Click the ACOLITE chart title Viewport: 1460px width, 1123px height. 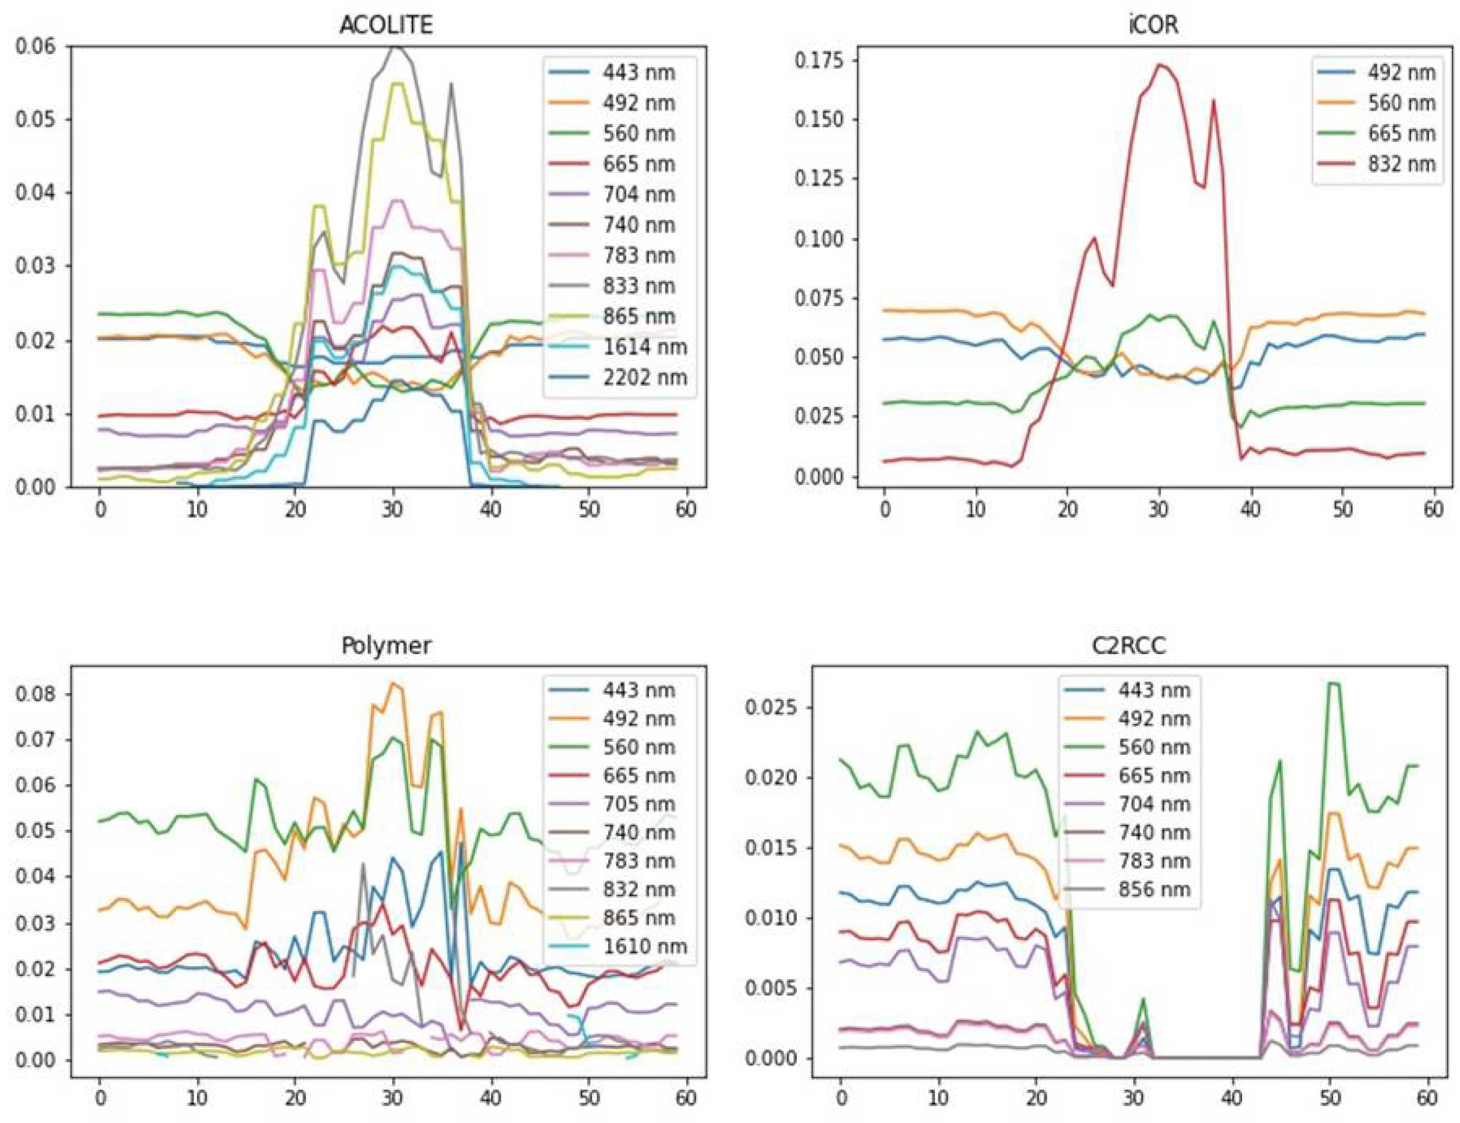(x=386, y=25)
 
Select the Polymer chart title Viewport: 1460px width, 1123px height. (x=386, y=646)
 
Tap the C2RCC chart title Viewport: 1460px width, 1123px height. (x=1129, y=646)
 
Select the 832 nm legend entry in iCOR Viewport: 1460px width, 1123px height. (x=1401, y=164)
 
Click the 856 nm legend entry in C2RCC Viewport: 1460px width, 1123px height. (x=1154, y=890)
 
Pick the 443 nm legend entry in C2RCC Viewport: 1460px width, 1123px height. (x=1154, y=690)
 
